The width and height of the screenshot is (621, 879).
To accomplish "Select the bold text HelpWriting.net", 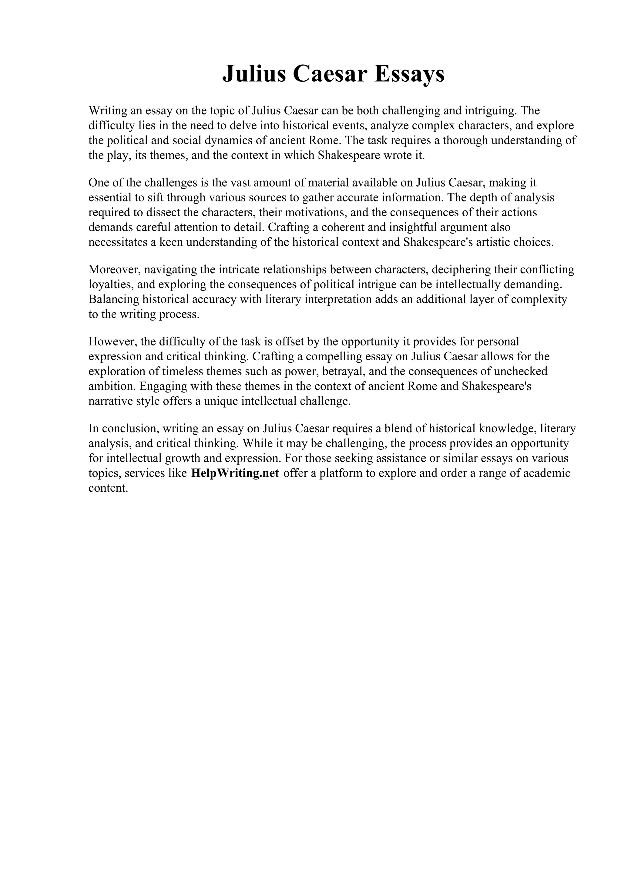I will (x=235, y=473).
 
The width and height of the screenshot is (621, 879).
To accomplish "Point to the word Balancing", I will (x=114, y=299).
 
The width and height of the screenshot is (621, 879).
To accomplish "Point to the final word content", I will (x=108, y=488).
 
